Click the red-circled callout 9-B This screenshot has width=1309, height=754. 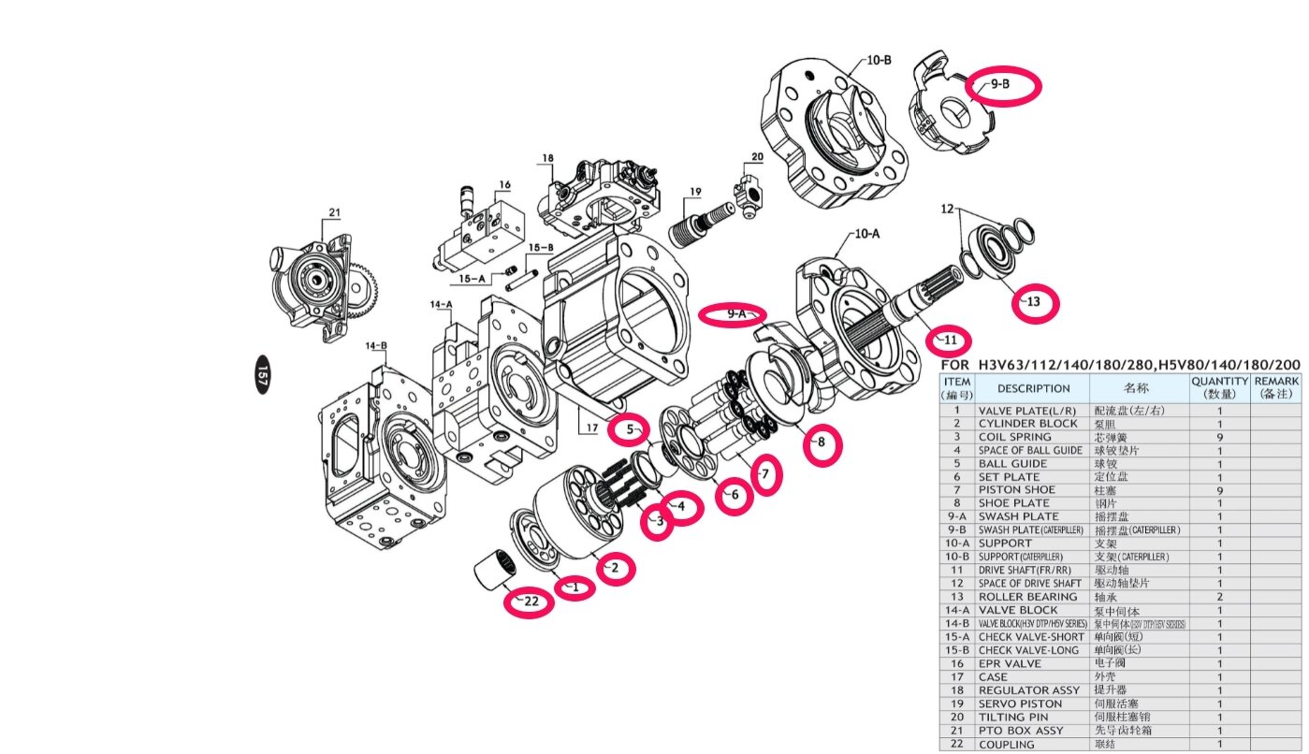(1002, 85)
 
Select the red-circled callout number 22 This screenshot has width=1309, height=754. (529, 602)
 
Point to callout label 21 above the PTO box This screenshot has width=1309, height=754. (335, 210)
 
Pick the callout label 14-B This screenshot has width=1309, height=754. (376, 346)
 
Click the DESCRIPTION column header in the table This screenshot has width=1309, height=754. (1033, 388)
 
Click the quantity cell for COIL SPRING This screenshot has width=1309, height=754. (1219, 437)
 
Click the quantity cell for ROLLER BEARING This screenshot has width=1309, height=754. (1219, 597)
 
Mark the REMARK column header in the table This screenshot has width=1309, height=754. (1275, 388)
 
